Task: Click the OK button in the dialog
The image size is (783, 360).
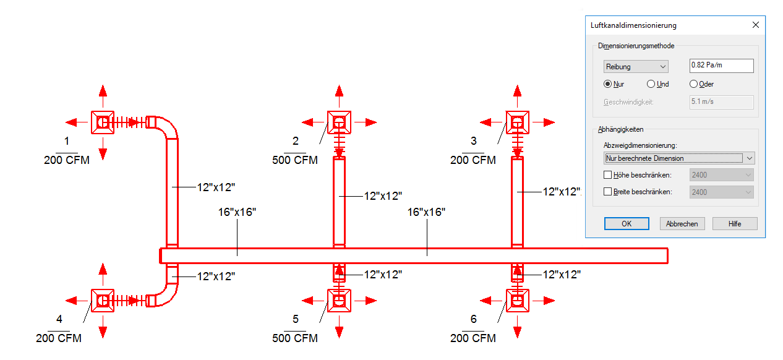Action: click(x=627, y=224)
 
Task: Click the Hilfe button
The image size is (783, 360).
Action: click(x=735, y=224)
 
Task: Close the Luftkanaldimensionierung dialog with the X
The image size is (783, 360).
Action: click(x=756, y=25)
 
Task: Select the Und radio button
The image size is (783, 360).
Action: click(x=651, y=84)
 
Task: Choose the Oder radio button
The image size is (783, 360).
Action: click(x=693, y=84)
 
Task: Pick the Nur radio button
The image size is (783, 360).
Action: click(x=607, y=84)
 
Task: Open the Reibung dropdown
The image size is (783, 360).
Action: click(x=636, y=67)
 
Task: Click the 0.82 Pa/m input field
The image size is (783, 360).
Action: click(x=722, y=66)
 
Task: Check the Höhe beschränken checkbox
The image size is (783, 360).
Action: click(x=607, y=175)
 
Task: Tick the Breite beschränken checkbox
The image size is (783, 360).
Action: click(x=607, y=192)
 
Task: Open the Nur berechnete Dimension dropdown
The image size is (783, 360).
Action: click(x=679, y=158)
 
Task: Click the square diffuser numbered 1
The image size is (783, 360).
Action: click(x=103, y=122)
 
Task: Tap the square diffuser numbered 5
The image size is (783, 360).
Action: click(x=339, y=301)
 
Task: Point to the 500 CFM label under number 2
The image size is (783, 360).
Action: click(x=295, y=160)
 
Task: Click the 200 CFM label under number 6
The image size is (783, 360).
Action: click(x=473, y=338)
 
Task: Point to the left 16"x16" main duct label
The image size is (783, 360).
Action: click(x=237, y=212)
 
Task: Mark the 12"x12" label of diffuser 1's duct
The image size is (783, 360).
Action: click(x=216, y=187)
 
